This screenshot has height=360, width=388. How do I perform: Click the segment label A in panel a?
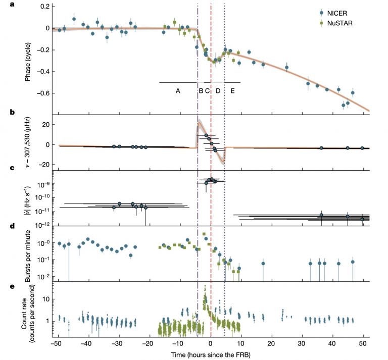click(178, 90)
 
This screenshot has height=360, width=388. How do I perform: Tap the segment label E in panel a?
click(232, 90)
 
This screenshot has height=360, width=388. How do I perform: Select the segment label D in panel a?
click(218, 90)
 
